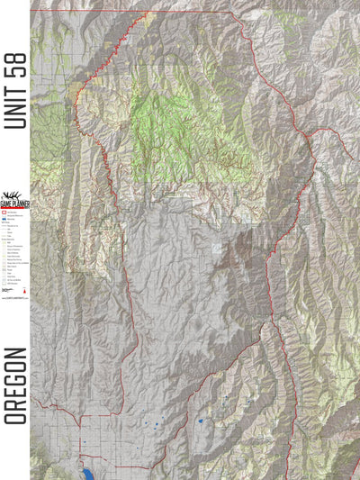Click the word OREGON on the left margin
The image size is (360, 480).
point(15,385)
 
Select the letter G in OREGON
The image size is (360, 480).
point(15,377)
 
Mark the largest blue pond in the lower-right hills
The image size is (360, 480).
point(200,420)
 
